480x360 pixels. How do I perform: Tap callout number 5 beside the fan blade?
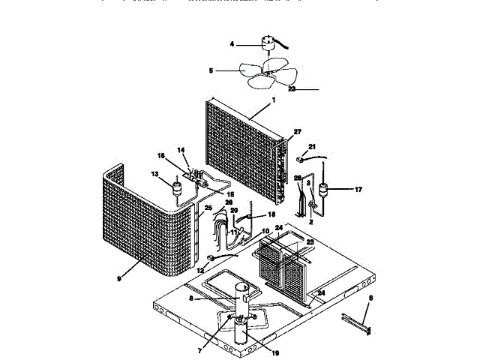(211, 71)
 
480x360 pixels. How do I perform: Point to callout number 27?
(296, 132)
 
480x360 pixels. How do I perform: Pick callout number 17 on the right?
(358, 190)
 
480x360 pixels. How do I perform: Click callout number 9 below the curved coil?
(118, 278)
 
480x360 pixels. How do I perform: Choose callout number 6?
(368, 298)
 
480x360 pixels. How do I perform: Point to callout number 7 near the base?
(200, 329)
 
